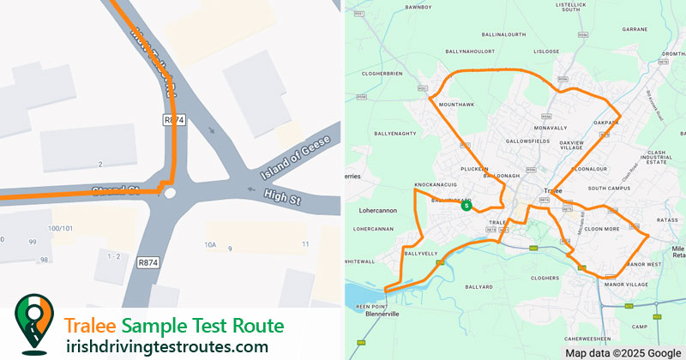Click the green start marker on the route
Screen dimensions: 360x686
(466, 206)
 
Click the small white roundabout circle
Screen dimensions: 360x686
(170, 193)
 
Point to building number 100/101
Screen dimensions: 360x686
(60, 228)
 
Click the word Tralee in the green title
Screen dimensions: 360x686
(90, 326)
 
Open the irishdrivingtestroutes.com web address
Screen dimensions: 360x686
(166, 346)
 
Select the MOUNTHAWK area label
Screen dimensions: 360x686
(455, 104)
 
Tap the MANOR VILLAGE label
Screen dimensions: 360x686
(623, 284)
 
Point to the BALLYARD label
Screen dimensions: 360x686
(476, 285)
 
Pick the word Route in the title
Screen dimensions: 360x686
(253, 326)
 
